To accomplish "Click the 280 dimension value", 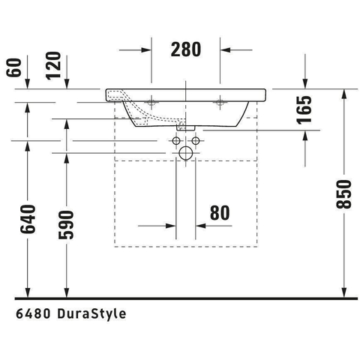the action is point(186,49).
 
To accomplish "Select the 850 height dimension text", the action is point(343,194).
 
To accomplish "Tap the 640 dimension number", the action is point(28,219).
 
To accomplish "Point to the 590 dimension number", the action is point(66,225).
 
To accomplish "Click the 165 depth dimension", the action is point(304,109).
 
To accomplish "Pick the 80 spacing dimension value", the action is point(220,213).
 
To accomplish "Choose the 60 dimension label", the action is point(13,67).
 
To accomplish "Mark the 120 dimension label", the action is point(53,66).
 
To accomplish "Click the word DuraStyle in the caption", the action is point(91,314).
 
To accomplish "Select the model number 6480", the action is point(33,314).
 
